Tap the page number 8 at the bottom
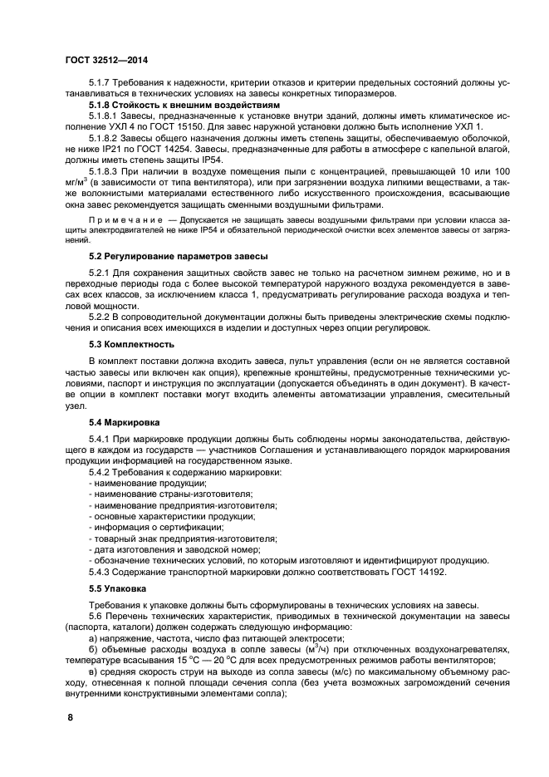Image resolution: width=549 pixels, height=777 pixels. coord(70,716)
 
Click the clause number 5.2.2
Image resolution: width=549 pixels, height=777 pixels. coord(103,316)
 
